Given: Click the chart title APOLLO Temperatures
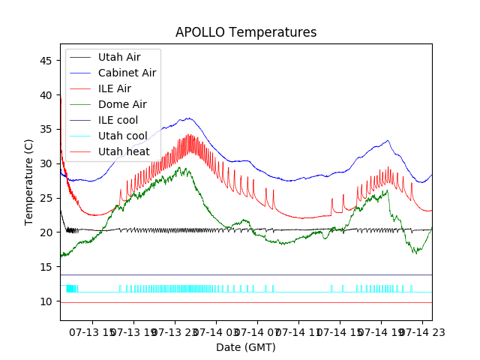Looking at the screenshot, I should click(x=246, y=32).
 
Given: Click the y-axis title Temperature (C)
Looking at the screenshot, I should click(x=29, y=181).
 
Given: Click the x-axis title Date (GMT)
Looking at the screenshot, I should click(x=246, y=347).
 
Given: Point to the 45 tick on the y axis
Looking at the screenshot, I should click(x=46, y=60).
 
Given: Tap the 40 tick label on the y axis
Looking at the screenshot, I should click(x=46, y=94).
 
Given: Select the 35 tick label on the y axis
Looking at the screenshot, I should click(x=46, y=129).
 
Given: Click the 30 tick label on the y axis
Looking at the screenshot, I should click(x=46, y=163).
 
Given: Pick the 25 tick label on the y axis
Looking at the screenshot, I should click(x=46, y=198).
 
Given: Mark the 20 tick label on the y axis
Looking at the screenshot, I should click(x=46, y=232).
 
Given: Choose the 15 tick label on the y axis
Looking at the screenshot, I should click(x=46, y=267).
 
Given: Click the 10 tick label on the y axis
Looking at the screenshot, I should click(x=46, y=301).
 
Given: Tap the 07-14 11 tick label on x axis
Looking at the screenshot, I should click(x=298, y=331).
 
